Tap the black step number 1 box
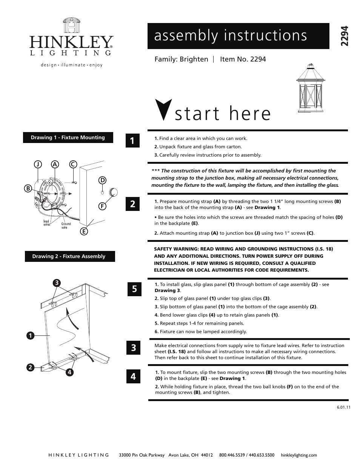click(x=132, y=141)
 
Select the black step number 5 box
click(x=134, y=289)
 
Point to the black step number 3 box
click(x=133, y=348)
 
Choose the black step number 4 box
click(x=133, y=376)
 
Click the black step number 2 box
click(x=132, y=204)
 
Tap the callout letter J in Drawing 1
click(x=38, y=164)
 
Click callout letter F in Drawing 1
click(x=102, y=206)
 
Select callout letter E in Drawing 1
click(x=84, y=231)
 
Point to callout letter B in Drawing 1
click(x=28, y=188)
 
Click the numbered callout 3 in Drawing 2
click(x=56, y=283)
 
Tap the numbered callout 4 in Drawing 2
click(x=69, y=372)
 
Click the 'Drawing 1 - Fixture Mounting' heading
click(x=68, y=137)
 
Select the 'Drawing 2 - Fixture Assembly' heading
click(x=69, y=256)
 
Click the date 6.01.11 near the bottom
click(x=343, y=407)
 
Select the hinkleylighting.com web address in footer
click(x=299, y=455)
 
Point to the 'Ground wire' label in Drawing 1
click(x=66, y=226)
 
